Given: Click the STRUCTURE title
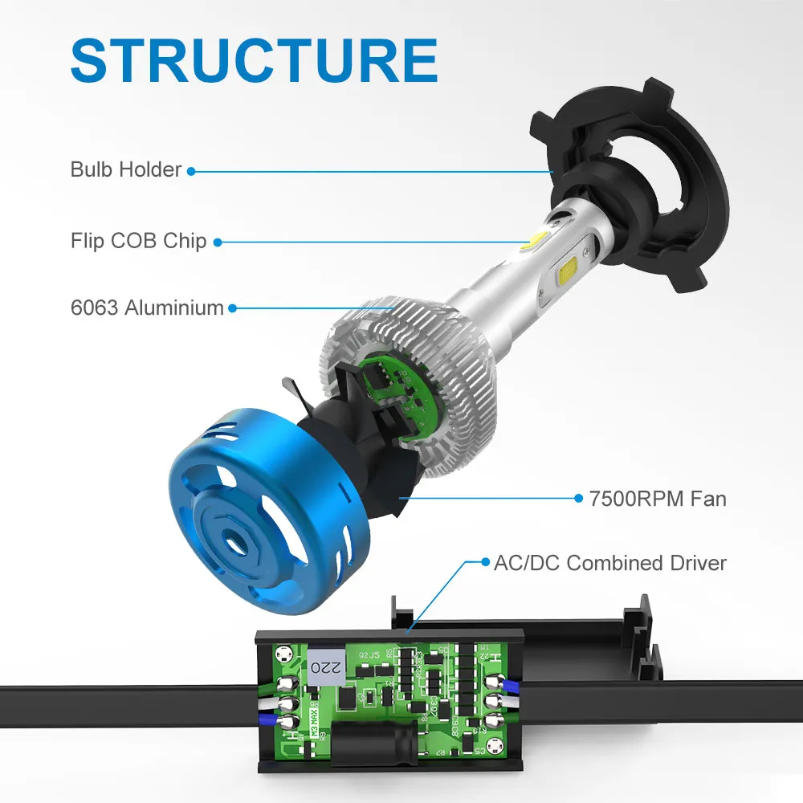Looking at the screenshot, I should [254, 59].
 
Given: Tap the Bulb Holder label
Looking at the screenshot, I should [126, 169].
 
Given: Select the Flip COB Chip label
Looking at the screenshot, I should [138, 240].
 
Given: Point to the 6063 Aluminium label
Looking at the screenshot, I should [146, 307].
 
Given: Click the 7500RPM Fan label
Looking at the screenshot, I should [657, 499].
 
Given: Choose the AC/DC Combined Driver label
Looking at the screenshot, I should [609, 562].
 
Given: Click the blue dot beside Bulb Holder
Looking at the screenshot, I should [191, 170].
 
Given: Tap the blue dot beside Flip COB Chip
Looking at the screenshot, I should [217, 241].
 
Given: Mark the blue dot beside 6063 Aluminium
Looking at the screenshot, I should [232, 308].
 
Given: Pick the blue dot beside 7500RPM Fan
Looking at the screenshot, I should [578, 499].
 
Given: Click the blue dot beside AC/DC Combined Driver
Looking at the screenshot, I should [484, 562].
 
